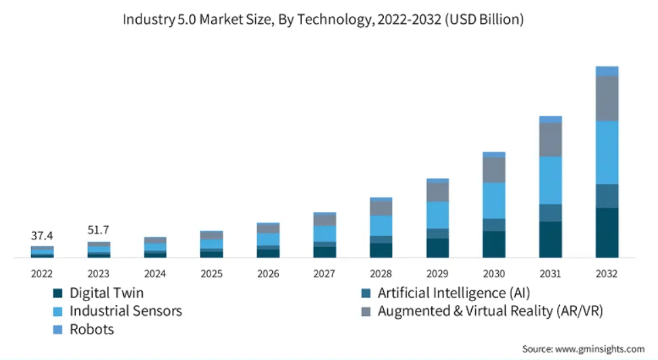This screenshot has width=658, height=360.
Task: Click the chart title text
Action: coord(323,20)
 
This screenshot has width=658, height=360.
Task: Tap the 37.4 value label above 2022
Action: coord(42,236)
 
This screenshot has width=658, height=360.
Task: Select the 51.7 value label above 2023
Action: coord(99,231)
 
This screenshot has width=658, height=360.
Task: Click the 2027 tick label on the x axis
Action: coord(324,274)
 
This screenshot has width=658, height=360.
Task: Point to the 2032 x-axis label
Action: coord(607,274)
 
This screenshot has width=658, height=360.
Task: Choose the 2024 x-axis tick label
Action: coord(155,274)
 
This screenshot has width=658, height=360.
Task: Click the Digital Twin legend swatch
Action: coord(58,294)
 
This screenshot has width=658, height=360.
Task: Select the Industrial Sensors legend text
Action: coord(125,311)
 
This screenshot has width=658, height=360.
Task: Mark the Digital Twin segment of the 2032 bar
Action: coord(607,232)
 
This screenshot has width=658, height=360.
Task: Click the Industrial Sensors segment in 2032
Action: coord(607,152)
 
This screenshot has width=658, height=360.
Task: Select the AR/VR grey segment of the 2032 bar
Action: coord(607,98)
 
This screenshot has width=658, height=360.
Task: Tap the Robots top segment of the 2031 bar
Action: coord(550,119)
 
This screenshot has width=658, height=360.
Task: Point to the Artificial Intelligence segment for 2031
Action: coord(550,212)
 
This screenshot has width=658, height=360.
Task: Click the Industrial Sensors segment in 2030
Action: coord(493,200)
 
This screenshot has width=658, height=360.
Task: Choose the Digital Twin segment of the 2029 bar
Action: coord(437,248)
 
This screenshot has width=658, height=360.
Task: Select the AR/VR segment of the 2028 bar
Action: coord(381,208)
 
